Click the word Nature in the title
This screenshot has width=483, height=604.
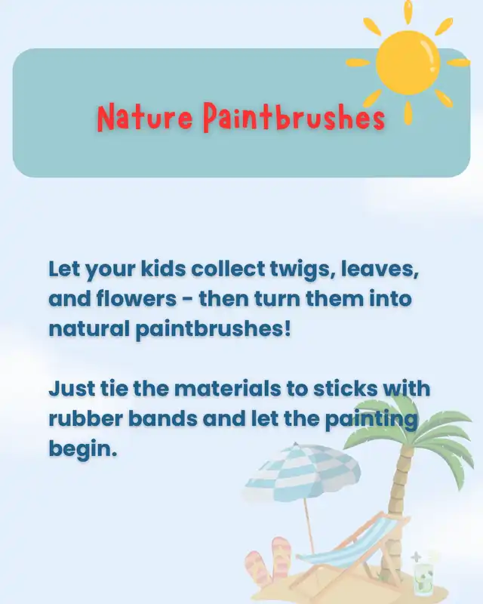(x=144, y=117)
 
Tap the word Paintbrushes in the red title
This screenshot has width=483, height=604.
(x=294, y=116)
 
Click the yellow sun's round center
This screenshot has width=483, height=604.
(x=408, y=63)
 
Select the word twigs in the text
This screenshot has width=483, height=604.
(x=303, y=270)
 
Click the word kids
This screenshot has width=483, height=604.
(x=163, y=269)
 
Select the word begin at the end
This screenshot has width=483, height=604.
(x=82, y=449)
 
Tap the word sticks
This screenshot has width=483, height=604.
(x=345, y=388)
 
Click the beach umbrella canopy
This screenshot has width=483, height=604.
(x=303, y=473)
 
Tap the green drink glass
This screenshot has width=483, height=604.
(x=424, y=577)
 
